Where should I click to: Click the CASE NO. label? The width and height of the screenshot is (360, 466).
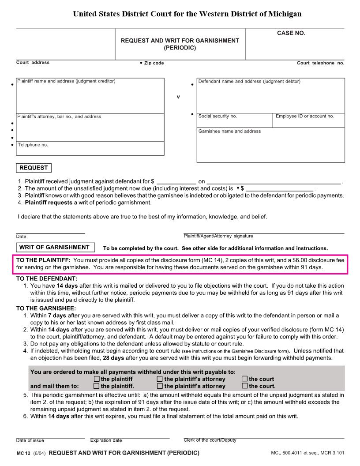click(291, 33)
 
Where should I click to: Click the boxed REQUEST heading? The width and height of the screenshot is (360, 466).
click(34, 168)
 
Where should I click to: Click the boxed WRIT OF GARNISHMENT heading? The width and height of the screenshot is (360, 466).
click(54, 247)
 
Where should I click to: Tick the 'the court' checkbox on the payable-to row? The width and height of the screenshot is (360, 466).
click(244, 379)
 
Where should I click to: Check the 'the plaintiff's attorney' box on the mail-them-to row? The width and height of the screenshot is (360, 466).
click(160, 386)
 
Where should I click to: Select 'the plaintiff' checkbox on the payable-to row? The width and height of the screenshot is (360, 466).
click(97, 379)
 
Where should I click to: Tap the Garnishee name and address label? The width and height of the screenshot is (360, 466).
click(229, 131)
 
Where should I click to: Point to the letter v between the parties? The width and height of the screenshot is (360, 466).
click(178, 97)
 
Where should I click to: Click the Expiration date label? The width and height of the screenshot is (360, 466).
click(106, 440)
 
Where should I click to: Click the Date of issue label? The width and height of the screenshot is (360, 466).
click(30, 440)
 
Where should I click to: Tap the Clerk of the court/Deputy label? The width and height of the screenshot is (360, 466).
click(210, 440)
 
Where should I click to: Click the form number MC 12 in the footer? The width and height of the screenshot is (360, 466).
click(23, 453)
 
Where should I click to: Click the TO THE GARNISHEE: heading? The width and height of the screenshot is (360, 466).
click(46, 308)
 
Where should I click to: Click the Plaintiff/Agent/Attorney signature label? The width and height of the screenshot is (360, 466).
click(218, 236)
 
